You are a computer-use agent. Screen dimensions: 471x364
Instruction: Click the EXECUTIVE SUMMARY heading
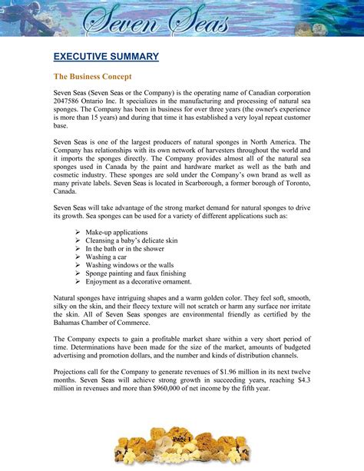coord(106,57)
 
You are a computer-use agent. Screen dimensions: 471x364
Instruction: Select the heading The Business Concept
coord(92,77)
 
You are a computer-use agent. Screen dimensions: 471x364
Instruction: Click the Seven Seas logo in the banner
coord(181,19)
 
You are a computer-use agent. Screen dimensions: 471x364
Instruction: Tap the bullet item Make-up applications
coord(117,231)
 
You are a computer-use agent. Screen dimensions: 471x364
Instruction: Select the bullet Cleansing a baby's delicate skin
coord(131,240)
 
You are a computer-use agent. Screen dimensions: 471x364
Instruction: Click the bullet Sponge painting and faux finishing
coord(136,274)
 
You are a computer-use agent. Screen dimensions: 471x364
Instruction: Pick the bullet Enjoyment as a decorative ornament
coord(139,282)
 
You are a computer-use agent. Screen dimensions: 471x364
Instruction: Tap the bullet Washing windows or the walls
coord(128,265)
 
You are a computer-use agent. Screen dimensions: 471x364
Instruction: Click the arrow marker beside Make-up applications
coord(78,231)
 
